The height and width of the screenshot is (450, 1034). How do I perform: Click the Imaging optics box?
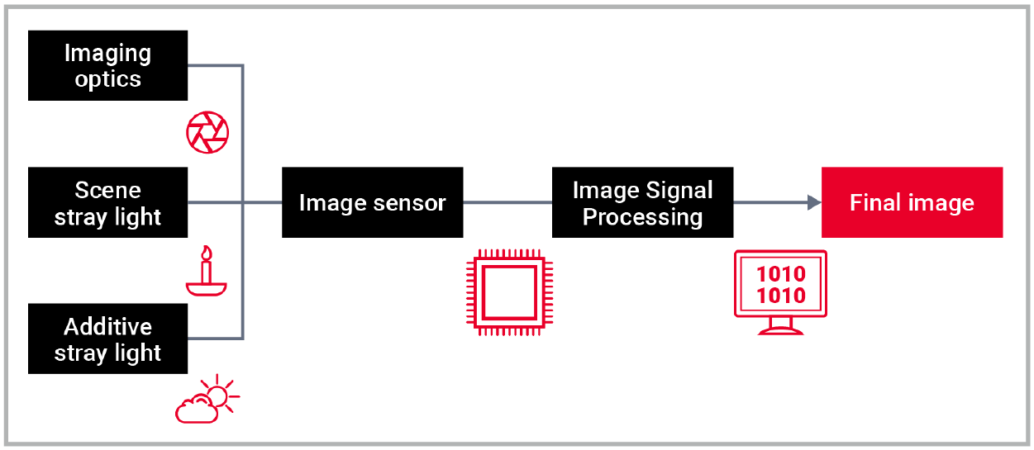click(x=107, y=66)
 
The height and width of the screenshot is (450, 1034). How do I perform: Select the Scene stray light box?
click(x=107, y=203)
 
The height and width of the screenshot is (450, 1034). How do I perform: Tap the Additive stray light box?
click(x=107, y=339)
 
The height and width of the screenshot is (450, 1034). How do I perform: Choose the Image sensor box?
click(x=372, y=203)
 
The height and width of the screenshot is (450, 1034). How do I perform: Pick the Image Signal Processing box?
click(x=642, y=203)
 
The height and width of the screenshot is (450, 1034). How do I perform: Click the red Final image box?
click(x=912, y=203)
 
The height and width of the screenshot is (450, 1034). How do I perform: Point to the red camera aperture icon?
click(x=207, y=132)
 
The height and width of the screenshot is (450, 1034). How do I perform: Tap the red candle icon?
click(x=207, y=271)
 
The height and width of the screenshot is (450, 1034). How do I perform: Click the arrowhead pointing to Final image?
click(x=814, y=203)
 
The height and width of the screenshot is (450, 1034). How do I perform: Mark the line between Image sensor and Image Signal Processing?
click(x=507, y=203)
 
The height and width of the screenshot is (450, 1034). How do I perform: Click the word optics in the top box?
click(x=108, y=80)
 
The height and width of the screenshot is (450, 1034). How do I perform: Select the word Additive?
click(x=108, y=326)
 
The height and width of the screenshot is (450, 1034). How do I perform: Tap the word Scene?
click(x=108, y=190)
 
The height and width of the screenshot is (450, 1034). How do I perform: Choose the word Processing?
click(x=642, y=217)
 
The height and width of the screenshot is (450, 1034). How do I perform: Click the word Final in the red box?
click(x=874, y=203)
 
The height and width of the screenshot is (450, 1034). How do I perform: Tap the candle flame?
click(x=207, y=252)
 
